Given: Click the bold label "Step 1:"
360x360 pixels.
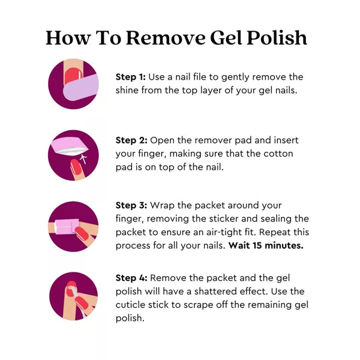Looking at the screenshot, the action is coord(130,77).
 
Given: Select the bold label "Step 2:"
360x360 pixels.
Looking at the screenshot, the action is coord(131,140).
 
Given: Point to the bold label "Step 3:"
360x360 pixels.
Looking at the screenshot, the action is coord(131,205).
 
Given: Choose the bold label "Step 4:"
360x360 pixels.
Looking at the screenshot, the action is coord(131,278).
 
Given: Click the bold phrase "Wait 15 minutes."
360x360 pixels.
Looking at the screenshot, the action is coord(266,245).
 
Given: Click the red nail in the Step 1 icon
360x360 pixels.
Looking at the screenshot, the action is coord(73,75).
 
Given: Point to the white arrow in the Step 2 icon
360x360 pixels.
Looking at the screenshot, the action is coord(84,159).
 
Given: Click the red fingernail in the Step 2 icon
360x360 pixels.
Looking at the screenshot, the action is coord(76,167).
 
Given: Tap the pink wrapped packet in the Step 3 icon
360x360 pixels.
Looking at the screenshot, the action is coord(67,227).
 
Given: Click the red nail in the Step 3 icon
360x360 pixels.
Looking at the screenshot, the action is coord(82,233).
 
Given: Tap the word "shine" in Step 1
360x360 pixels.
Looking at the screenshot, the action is coord(127,90).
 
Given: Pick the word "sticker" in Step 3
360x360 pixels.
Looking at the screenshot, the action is coord(222,218).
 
